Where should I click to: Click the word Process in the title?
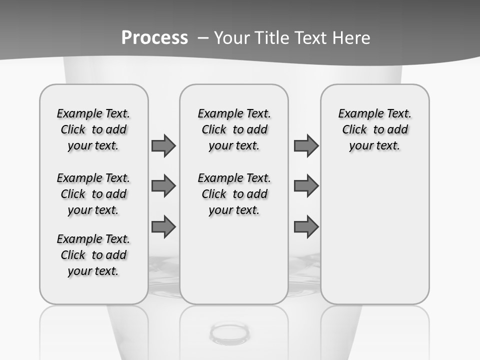(154, 38)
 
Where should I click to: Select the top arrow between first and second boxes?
(163, 145)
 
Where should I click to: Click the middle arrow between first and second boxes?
(163, 186)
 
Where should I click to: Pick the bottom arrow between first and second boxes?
(163, 226)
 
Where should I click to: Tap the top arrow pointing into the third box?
(306, 145)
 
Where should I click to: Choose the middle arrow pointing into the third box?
(306, 186)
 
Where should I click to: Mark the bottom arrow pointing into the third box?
(306, 226)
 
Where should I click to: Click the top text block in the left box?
(93, 129)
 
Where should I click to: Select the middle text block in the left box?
(93, 194)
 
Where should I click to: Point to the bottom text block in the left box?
(93, 255)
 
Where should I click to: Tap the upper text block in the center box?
(234, 129)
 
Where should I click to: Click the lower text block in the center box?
(234, 194)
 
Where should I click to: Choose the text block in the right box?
(374, 129)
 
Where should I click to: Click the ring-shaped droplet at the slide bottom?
(229, 332)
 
